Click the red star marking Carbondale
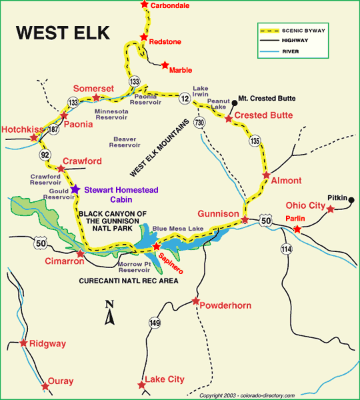click(x=144, y=5)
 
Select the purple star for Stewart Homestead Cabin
click(x=75, y=189)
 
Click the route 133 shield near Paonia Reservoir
click(x=135, y=81)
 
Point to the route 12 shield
click(x=184, y=99)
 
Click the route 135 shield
click(x=253, y=141)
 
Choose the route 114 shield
click(x=287, y=249)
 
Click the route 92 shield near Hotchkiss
click(x=45, y=155)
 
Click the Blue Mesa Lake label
click(x=177, y=229)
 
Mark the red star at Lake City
click(x=140, y=385)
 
